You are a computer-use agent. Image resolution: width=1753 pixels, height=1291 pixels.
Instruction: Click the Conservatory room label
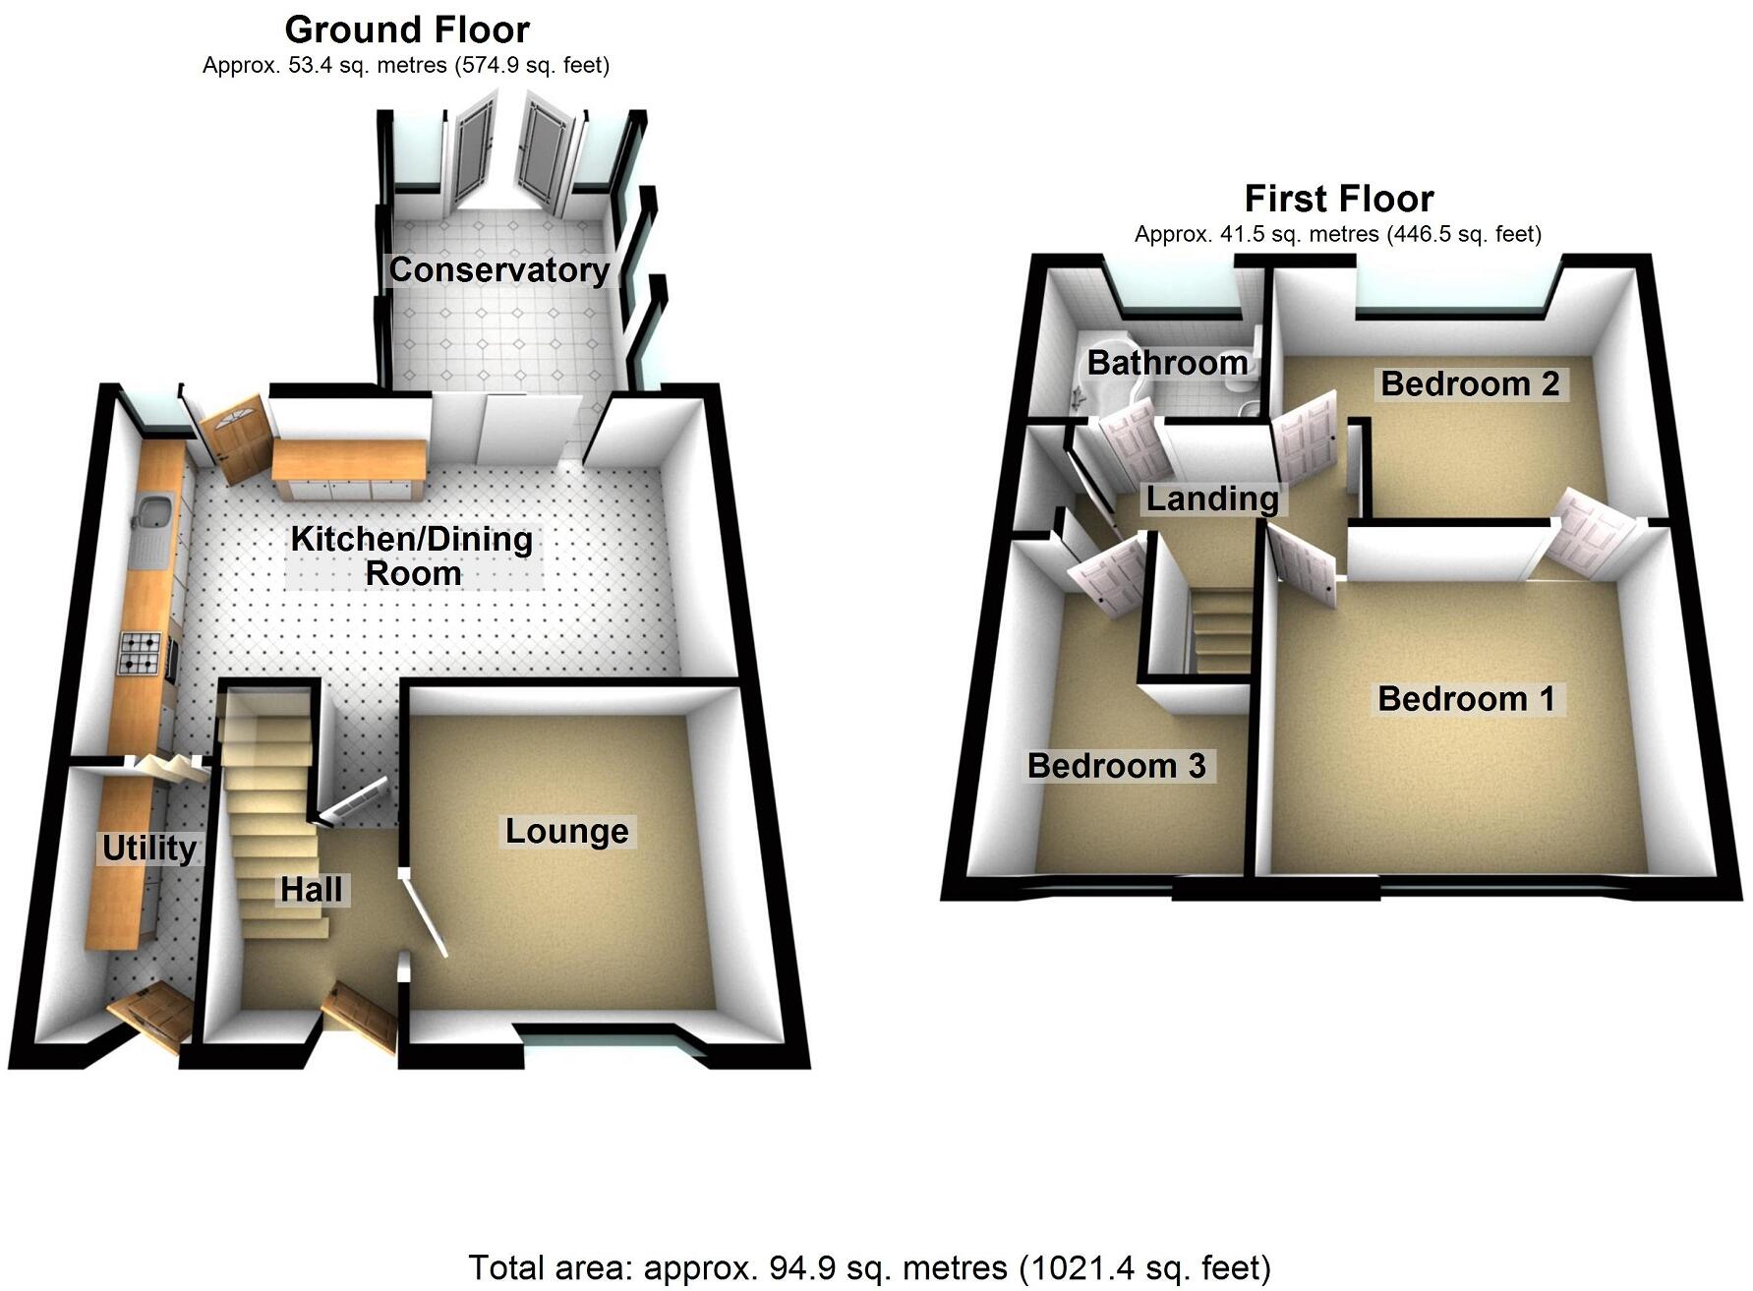[498, 269]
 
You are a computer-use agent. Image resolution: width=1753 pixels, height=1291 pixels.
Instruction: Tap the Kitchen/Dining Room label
[412, 556]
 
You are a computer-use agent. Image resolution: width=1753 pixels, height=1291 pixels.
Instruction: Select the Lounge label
[566, 831]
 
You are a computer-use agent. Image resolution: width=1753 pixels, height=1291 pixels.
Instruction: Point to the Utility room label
[149, 848]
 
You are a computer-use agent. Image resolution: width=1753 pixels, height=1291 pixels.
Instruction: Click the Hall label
[311, 889]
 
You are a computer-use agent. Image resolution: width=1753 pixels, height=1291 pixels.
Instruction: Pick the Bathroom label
[1167, 362]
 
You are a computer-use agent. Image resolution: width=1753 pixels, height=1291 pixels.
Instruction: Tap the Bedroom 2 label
[1470, 383]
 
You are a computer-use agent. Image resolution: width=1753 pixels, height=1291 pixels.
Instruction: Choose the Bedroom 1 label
[1466, 699]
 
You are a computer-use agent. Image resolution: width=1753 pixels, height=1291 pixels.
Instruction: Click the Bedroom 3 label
[1116, 765]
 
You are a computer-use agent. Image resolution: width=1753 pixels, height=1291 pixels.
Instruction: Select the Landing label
[1212, 499]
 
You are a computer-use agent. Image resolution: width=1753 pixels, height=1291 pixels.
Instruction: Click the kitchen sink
[153, 514]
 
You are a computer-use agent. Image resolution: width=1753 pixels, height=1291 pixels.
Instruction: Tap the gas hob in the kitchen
[139, 653]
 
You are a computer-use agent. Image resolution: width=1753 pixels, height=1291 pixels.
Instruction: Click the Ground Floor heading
[407, 29]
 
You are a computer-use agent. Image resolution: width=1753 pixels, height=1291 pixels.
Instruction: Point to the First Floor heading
[1338, 199]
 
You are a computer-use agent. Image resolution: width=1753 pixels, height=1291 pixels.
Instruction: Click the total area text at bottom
[869, 1267]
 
